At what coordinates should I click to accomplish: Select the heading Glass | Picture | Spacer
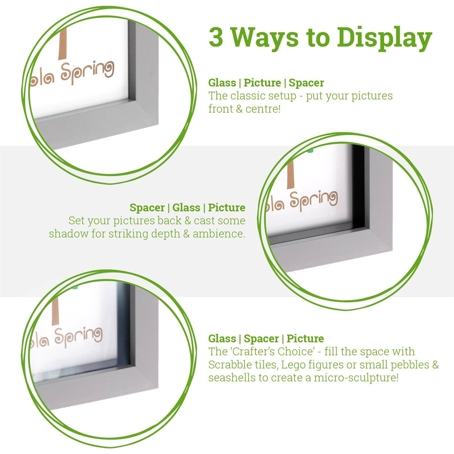coord(266,83)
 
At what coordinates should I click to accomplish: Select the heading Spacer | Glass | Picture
coord(187,208)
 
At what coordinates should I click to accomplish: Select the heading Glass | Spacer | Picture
coord(266,338)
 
